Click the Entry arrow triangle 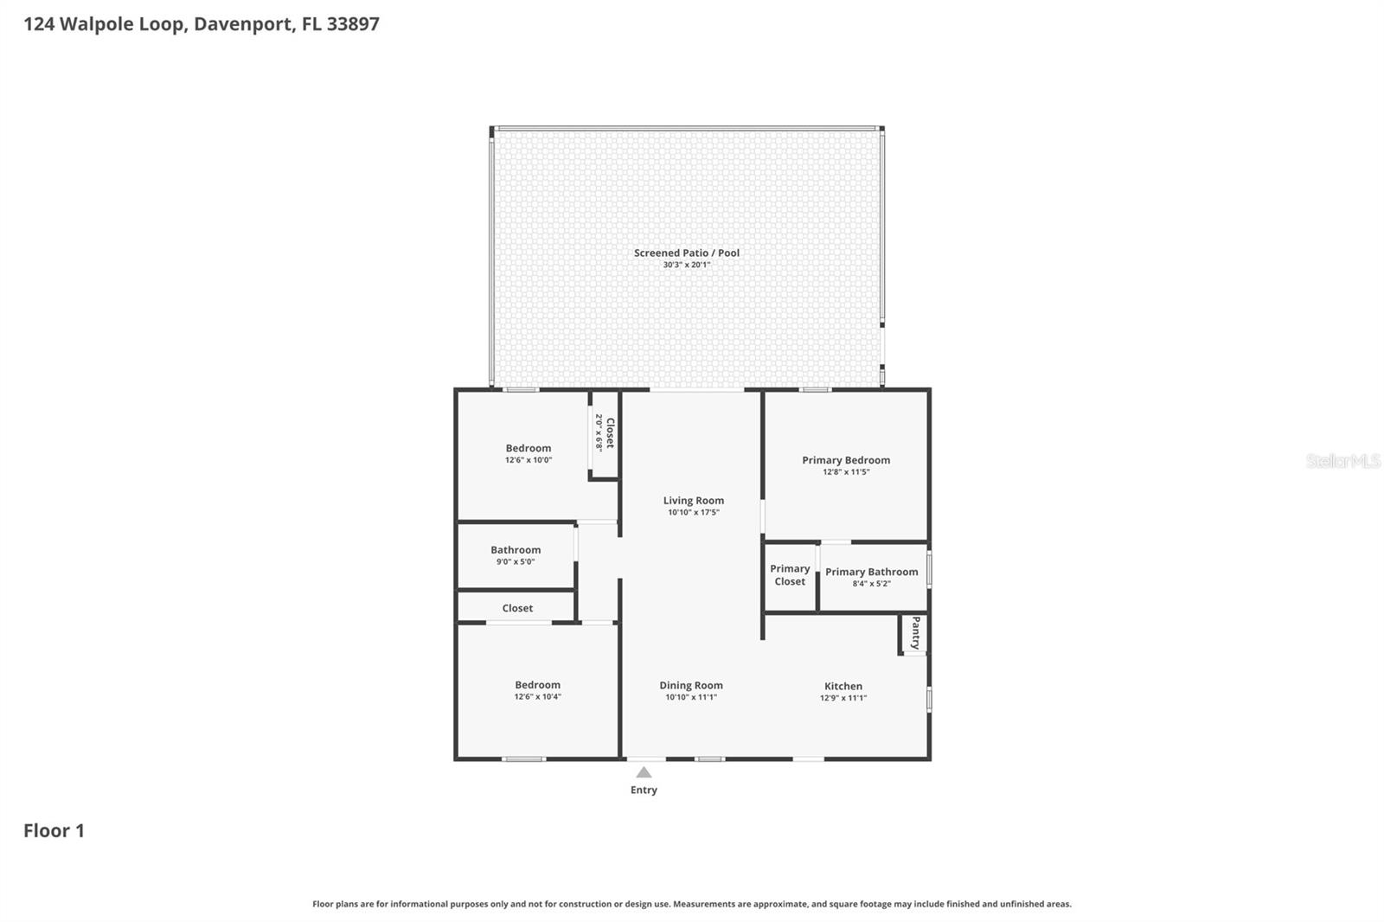[644, 772]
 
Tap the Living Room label [693, 500]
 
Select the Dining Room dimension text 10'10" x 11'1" [690, 697]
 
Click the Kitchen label [843, 686]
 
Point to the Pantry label [915, 633]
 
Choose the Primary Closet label [790, 575]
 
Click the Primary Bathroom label [871, 572]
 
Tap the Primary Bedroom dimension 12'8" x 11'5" [846, 472]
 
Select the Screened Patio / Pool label [686, 253]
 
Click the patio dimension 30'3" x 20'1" [686, 265]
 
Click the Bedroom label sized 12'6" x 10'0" [528, 448]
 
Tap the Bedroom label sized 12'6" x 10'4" [537, 685]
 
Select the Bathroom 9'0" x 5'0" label [516, 550]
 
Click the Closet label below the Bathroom [517, 608]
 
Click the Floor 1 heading [54, 830]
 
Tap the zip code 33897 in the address [353, 23]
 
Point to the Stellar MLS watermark [1342, 461]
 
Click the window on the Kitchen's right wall [929, 699]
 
